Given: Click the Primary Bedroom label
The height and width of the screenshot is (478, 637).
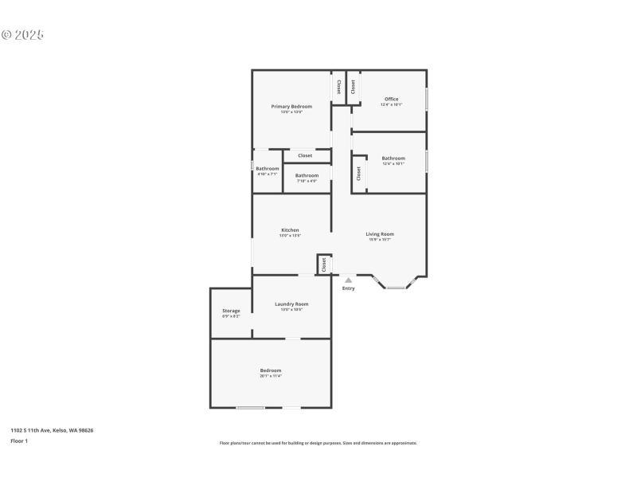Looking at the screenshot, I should (291, 106).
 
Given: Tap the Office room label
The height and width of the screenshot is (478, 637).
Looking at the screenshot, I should (391, 99).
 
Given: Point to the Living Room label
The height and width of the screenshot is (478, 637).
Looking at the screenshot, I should (380, 234).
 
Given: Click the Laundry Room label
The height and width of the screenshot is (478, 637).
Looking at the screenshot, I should (291, 304).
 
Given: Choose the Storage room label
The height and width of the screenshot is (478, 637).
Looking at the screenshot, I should (231, 311).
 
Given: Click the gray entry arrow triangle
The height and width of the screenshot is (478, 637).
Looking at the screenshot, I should (348, 280).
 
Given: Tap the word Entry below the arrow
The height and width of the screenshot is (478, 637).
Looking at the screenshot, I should (348, 288).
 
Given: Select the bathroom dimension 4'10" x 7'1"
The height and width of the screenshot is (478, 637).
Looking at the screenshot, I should (268, 174).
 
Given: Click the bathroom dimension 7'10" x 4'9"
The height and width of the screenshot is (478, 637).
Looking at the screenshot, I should (307, 181).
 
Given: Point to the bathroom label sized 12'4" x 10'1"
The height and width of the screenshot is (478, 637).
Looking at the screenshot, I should (393, 159).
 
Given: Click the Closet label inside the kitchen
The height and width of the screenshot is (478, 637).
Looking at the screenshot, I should (324, 264).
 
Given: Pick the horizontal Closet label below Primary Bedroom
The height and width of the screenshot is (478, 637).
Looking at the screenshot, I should (305, 155).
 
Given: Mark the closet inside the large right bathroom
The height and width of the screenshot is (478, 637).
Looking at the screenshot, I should (359, 173).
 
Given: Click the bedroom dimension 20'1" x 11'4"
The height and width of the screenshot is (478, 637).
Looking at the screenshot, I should (270, 376).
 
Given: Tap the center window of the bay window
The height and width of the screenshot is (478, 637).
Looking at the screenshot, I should (396, 288).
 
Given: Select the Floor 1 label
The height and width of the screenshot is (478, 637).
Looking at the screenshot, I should (19, 441).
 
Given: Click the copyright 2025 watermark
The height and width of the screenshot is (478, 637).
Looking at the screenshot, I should (22, 35).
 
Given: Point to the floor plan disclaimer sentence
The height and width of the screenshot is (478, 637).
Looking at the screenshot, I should (318, 443).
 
